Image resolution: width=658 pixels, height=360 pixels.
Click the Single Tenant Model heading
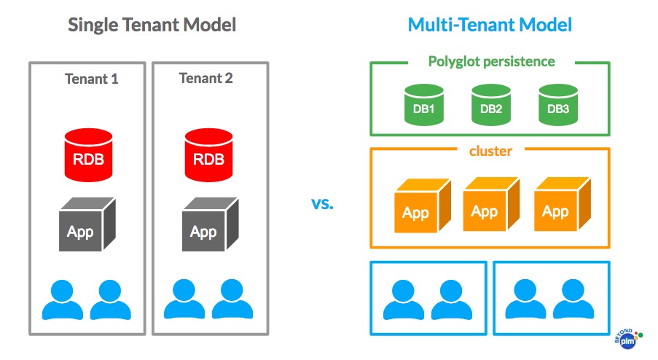(x=152, y=25)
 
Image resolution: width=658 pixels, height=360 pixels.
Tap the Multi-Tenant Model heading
(x=490, y=25)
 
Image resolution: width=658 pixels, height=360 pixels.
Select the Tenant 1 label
(x=91, y=79)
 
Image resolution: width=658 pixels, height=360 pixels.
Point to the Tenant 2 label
(x=206, y=78)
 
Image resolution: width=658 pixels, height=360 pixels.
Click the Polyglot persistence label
(x=490, y=61)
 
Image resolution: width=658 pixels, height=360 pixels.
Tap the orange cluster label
(x=490, y=151)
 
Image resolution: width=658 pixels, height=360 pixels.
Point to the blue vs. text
(x=322, y=203)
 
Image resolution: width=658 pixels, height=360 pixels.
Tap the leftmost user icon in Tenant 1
(x=63, y=300)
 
